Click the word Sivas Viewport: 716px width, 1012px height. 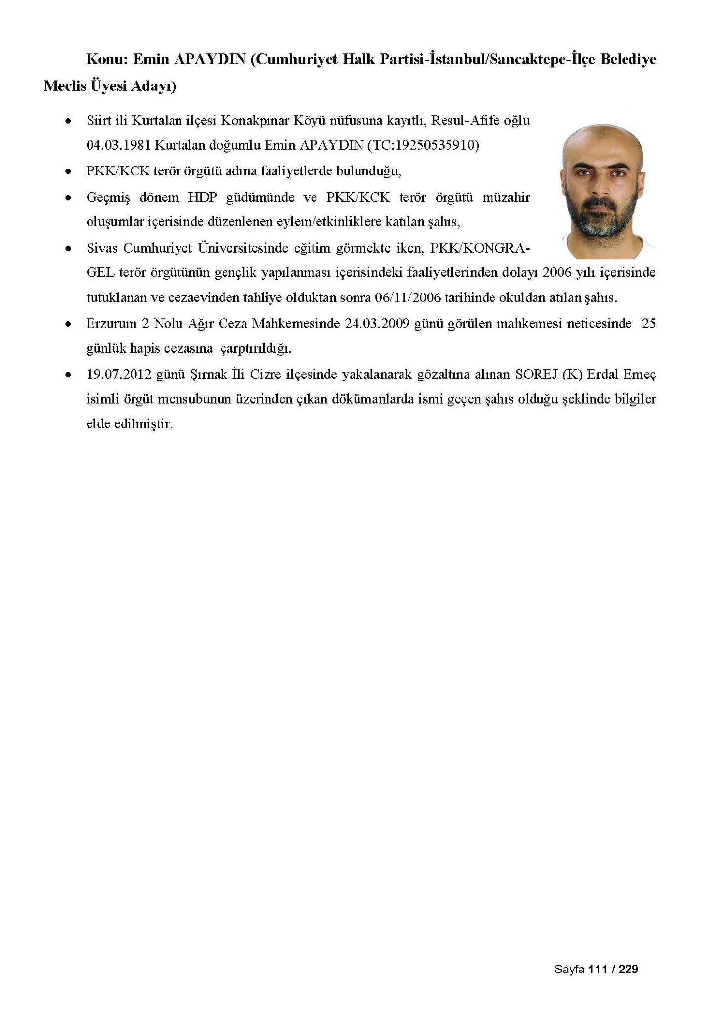tap(102, 248)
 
